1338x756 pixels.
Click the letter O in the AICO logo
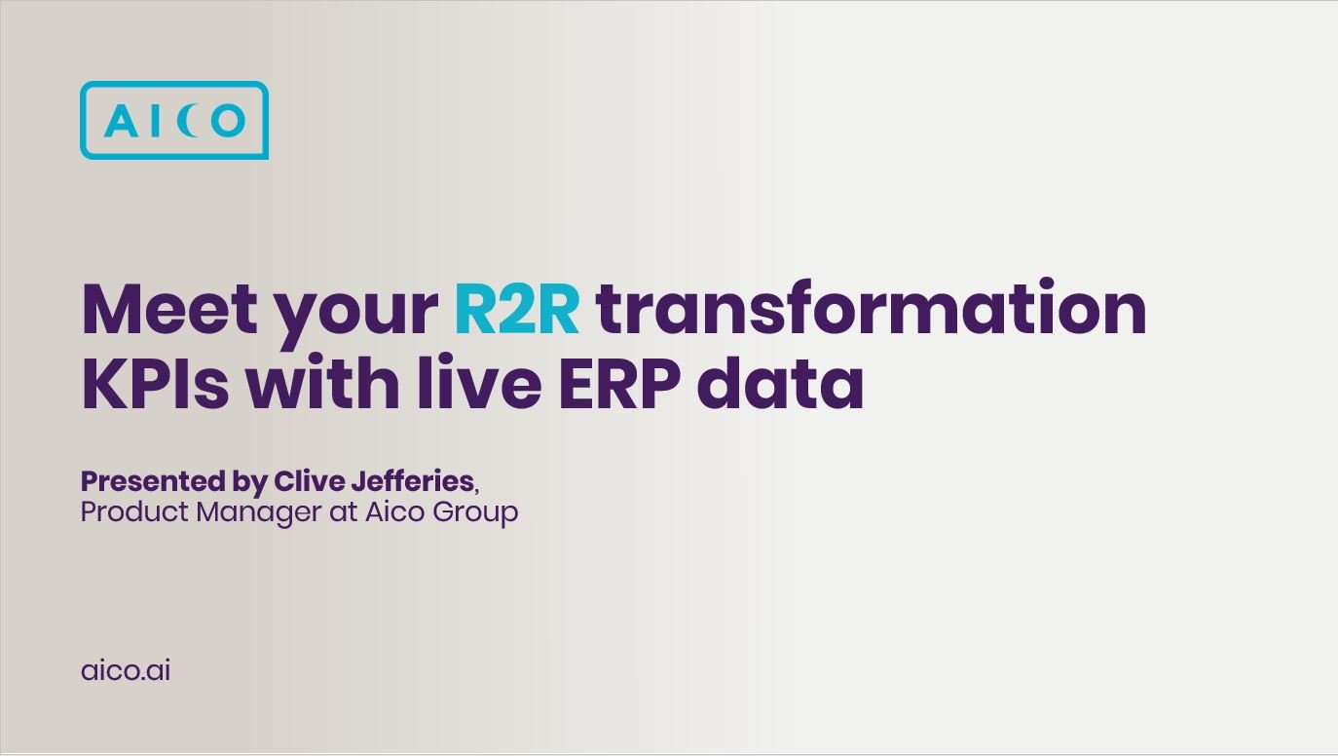[227, 121]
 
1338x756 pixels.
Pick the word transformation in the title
[871, 310]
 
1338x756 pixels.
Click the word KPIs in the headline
[155, 385]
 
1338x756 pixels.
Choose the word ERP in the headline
[619, 385]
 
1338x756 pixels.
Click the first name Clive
[306, 481]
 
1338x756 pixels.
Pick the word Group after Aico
[475, 512]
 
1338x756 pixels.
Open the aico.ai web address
[126, 670]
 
